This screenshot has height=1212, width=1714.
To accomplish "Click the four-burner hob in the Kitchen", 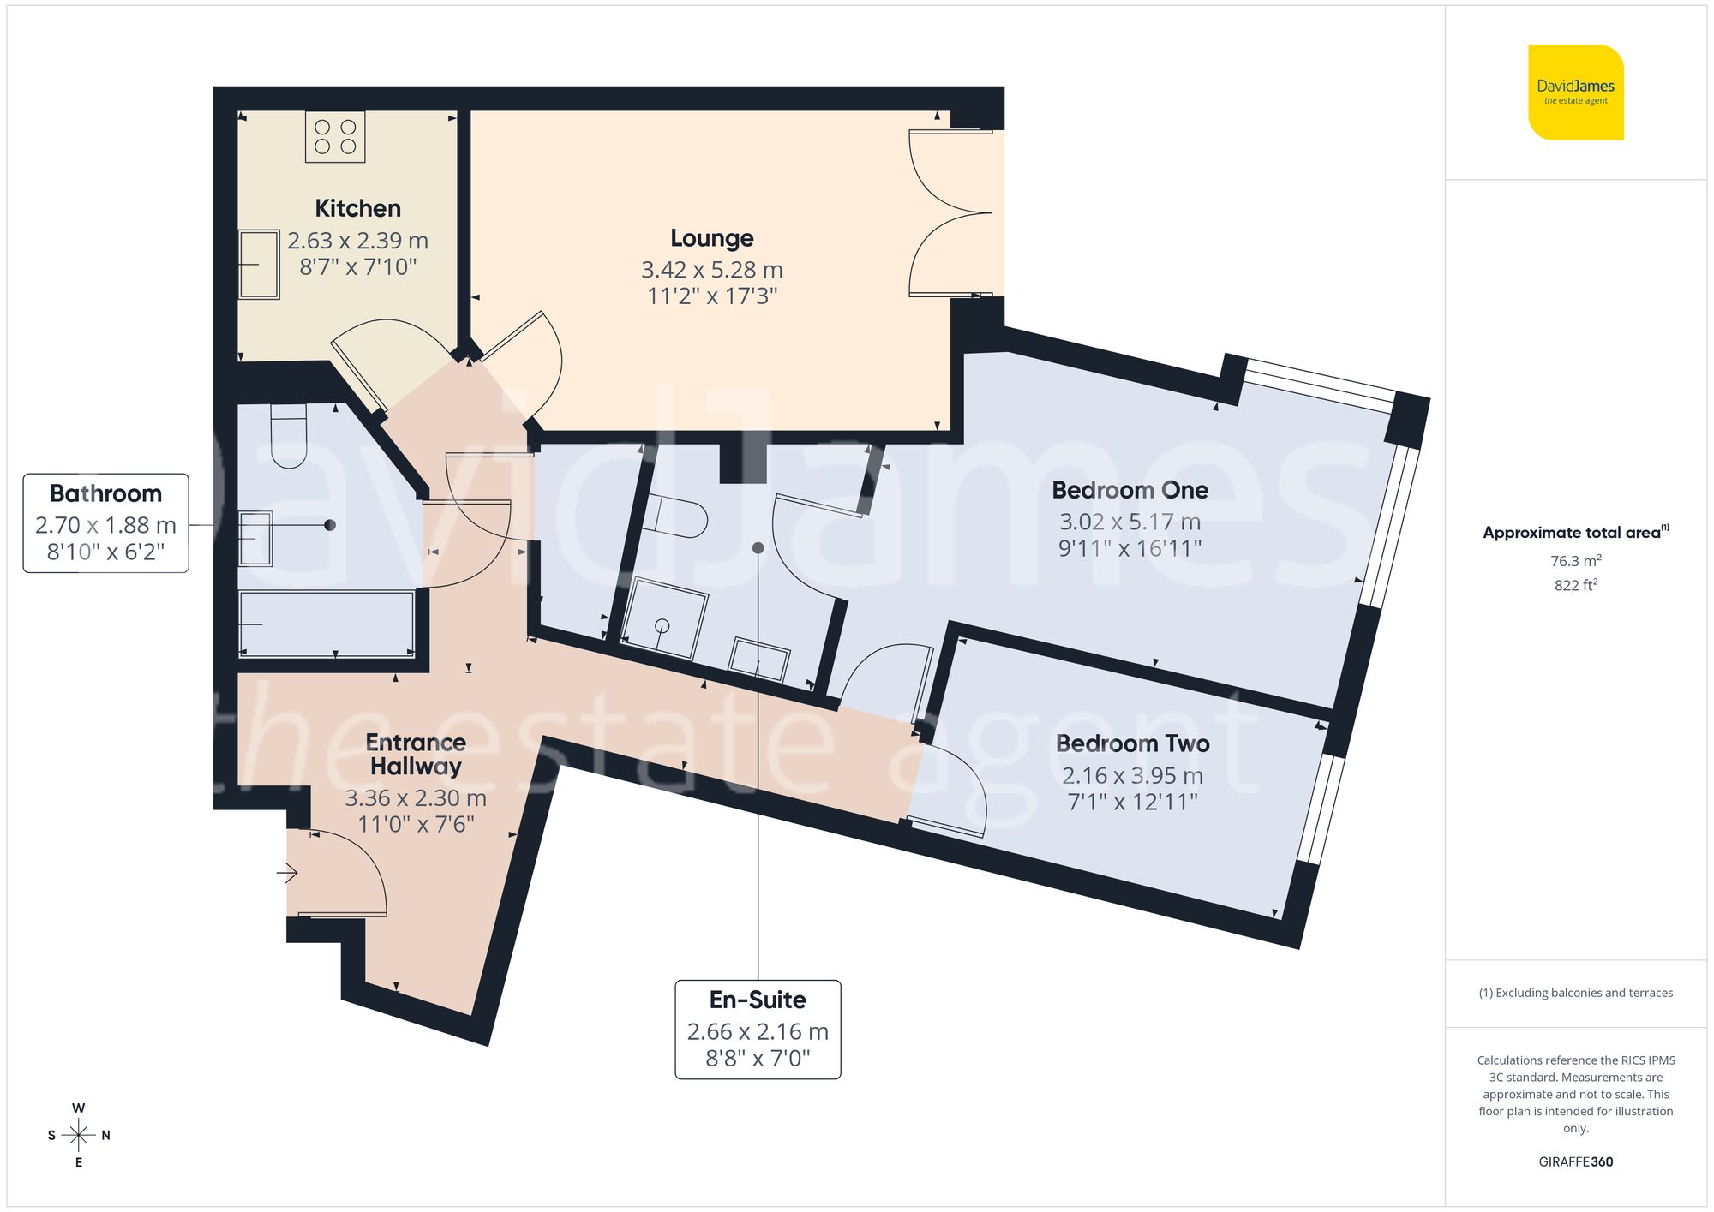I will coord(335,137).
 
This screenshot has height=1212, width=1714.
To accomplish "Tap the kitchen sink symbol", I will coord(258,265).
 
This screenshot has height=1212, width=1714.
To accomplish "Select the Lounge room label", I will coord(711,238).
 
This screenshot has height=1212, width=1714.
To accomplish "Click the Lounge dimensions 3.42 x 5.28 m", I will coord(711,270).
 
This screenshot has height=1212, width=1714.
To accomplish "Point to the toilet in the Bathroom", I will coord(288,436).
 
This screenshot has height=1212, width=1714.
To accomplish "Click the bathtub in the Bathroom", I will coord(327,624).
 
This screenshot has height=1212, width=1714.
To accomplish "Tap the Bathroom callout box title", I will coord(105,493).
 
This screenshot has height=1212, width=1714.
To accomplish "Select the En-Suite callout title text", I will coord(758,1000).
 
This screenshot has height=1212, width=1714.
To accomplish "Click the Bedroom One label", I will coord(1130,490).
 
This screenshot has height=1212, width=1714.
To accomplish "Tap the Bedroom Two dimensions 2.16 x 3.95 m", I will coord(1132,776).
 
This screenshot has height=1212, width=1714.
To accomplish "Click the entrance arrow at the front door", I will coord(287,874).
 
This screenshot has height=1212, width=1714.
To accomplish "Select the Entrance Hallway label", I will coord(416,755).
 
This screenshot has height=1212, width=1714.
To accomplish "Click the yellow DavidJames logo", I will coord(1575,93).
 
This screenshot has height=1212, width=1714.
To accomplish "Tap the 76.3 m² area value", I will coord(1575,561).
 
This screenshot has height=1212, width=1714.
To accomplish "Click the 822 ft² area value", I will coord(1575,586).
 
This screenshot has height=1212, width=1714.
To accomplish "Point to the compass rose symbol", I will coord(79,1136).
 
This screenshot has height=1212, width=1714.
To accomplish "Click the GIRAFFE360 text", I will coord(1575,1162).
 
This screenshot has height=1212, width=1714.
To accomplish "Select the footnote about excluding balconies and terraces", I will coord(1575,994).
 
